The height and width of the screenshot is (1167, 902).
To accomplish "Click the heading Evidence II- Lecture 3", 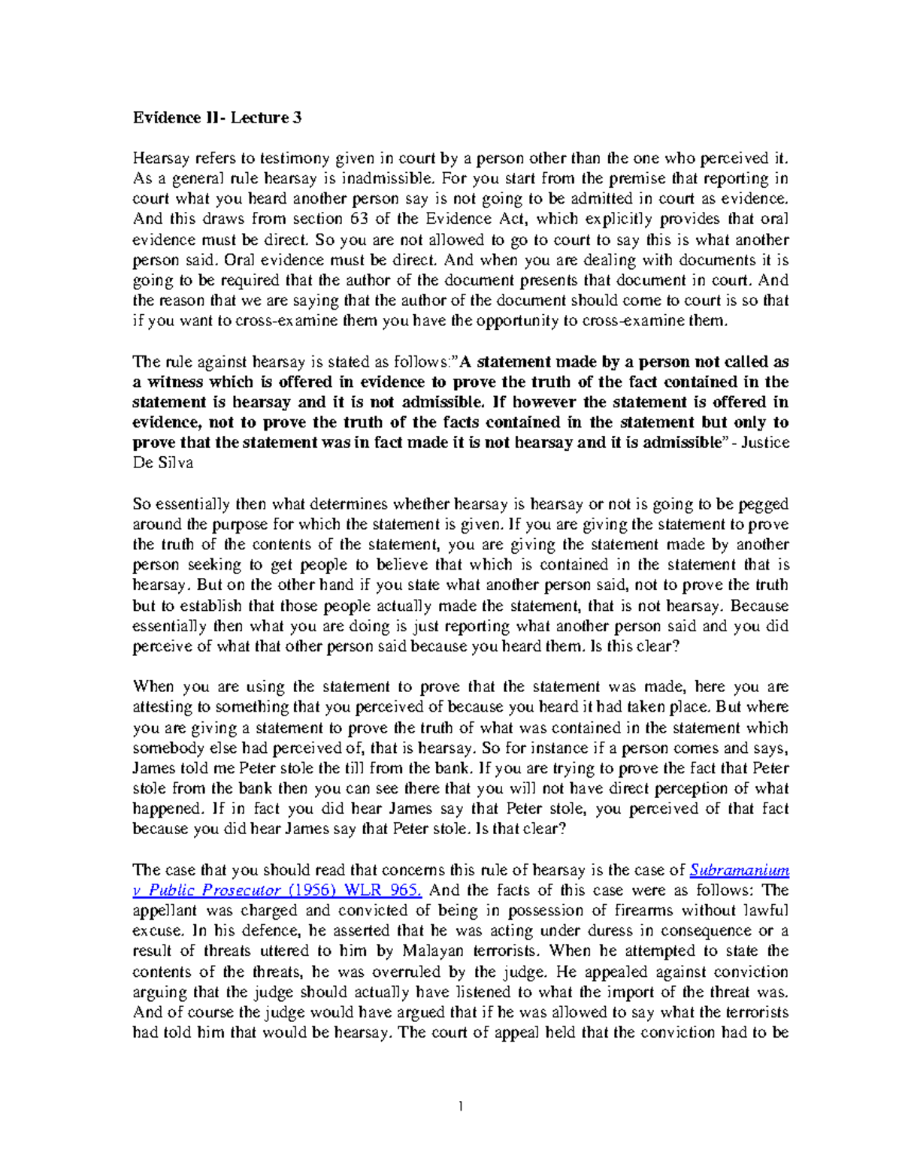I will pos(211,117).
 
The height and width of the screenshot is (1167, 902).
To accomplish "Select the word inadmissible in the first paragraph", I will pos(388,179).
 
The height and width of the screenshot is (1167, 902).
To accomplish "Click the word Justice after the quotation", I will pos(765,443).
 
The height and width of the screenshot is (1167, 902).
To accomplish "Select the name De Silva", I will pos(163,463).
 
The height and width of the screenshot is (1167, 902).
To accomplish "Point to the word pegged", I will pos(763,504).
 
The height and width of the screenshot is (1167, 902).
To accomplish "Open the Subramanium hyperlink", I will pos(740,870).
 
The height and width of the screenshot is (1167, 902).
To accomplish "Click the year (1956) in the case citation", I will pos(314,890).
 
